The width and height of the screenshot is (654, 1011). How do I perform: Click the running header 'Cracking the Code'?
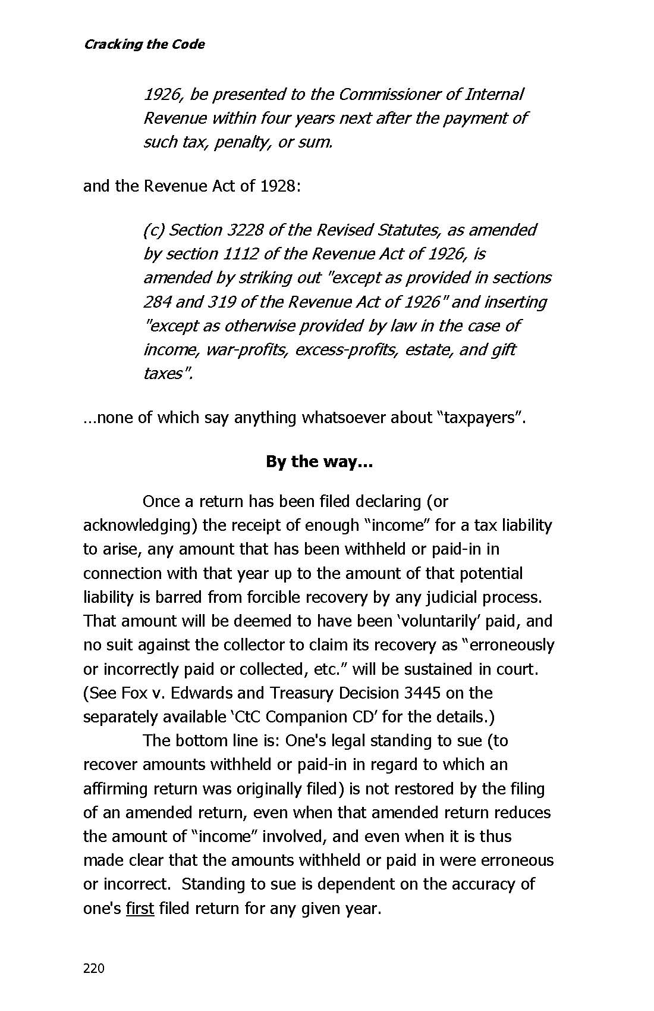(x=144, y=45)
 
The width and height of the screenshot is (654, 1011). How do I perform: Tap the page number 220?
(x=94, y=969)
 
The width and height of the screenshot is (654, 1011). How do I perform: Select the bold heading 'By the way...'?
(x=319, y=462)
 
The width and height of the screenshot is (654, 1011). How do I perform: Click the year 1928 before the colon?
(x=277, y=186)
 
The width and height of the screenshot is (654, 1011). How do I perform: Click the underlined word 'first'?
(x=140, y=909)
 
